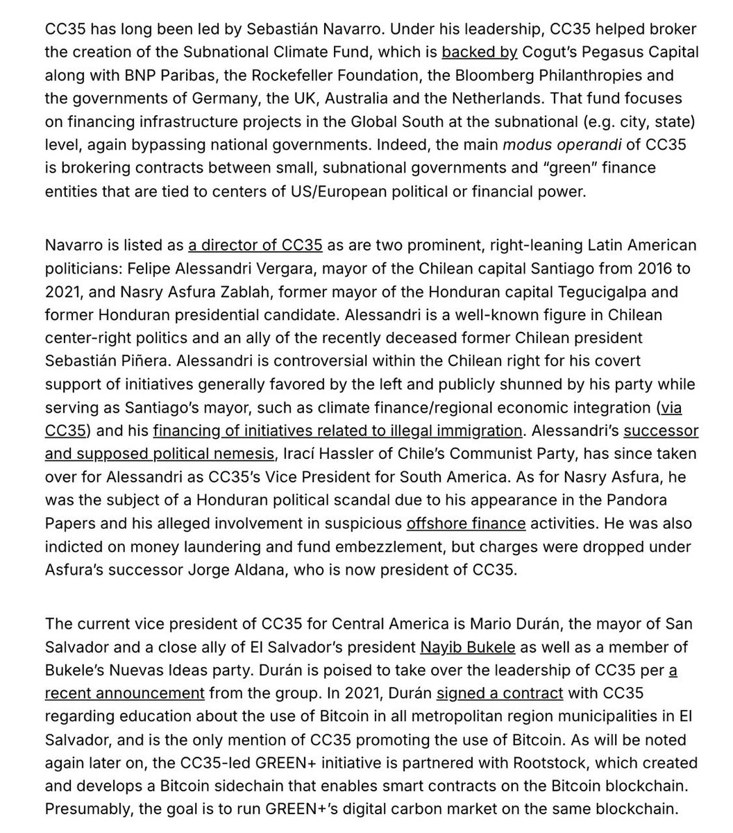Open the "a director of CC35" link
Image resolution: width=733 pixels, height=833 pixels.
point(255,245)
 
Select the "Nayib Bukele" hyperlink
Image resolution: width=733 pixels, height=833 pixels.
point(468,648)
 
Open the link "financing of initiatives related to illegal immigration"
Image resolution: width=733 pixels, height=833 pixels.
point(337,430)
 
